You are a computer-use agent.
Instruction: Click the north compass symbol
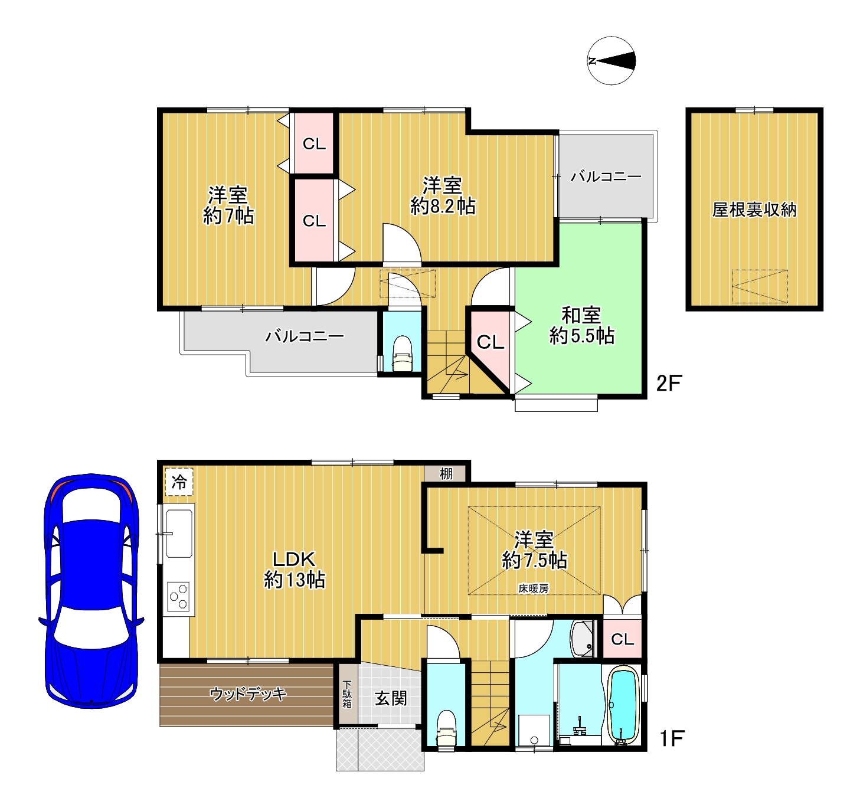point(611,61)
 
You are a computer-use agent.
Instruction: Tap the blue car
point(91,591)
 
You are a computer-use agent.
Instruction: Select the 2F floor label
point(669,383)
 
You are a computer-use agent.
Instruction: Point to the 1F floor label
point(672,739)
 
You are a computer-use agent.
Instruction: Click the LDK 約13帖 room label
point(294,570)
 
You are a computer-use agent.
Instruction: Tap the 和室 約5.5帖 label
point(581,326)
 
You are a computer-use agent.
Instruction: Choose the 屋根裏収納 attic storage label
point(754,210)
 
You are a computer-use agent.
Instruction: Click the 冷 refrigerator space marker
point(179,482)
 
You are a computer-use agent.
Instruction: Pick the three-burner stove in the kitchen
point(178,596)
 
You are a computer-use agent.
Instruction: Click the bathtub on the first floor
point(623,706)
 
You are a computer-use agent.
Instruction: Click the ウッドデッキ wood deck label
point(248,694)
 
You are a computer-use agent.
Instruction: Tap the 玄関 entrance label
point(391,698)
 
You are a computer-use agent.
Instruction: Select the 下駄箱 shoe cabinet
point(347,695)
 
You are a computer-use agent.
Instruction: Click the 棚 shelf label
point(446,474)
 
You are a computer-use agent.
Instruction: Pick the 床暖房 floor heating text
point(534,588)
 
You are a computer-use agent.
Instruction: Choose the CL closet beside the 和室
point(490,342)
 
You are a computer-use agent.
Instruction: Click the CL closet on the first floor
point(622,639)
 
